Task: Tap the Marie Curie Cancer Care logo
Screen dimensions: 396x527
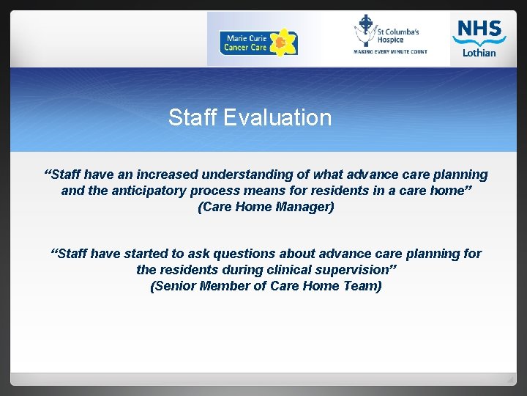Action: pyautogui.click(x=258, y=43)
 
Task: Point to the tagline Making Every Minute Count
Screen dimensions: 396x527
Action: pyautogui.click(x=390, y=52)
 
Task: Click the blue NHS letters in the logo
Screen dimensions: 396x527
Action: pyautogui.click(x=479, y=29)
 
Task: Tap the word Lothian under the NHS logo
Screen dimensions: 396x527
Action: pyautogui.click(x=479, y=53)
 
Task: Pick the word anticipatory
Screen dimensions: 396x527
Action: pyautogui.click(x=146, y=191)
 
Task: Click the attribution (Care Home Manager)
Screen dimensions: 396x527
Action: pyautogui.click(x=266, y=207)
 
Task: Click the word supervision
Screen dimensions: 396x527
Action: pyautogui.click(x=354, y=270)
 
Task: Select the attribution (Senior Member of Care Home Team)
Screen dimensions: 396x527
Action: pyautogui.click(x=266, y=286)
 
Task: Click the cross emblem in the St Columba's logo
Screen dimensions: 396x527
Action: pyautogui.click(x=365, y=30)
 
